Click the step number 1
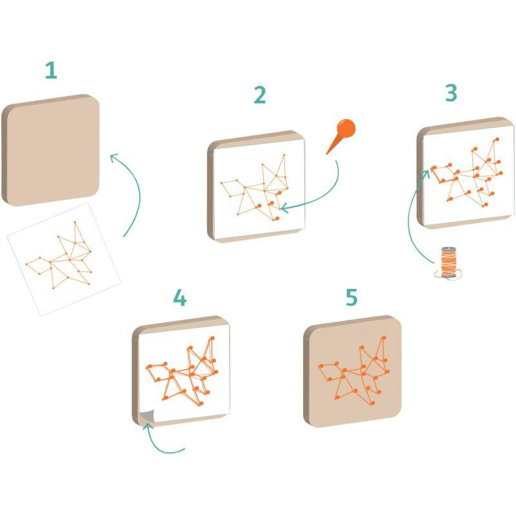[51, 70]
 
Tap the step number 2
[260, 95]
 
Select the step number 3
[451, 92]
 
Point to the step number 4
[180, 297]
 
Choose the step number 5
[352, 297]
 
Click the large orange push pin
[342, 134]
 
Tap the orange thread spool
[448, 263]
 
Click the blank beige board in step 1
[51, 150]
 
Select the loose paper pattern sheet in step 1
[64, 259]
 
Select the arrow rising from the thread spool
[409, 217]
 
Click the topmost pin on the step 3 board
[497, 139]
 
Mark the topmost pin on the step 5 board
[383, 337]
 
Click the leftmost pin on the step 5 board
[321, 366]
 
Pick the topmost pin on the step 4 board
[212, 338]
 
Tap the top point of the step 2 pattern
[284, 154]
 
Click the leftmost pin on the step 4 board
[149, 366]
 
